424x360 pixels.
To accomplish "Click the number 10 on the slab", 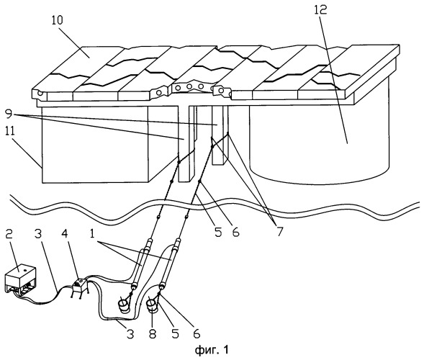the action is click(57, 20).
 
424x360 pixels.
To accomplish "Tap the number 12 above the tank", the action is click(321, 10).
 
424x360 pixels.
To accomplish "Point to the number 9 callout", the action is click(9, 114).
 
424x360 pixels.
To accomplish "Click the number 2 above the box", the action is click(9, 235).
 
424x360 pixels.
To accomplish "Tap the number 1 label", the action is click(92, 234).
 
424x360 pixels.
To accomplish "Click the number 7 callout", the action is click(279, 232).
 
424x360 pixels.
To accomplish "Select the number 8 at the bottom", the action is click(153, 334).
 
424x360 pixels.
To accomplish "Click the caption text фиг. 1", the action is click(212, 350).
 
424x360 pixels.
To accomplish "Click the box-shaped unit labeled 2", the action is click(20, 281).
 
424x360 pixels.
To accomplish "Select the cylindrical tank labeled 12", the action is click(319, 135).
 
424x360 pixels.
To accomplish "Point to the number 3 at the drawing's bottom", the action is click(130, 334).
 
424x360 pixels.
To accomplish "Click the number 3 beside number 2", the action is click(38, 235).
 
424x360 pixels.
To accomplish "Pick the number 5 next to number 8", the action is click(176, 334).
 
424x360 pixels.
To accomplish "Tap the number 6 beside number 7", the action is click(236, 232).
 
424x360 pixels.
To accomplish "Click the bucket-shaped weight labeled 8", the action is click(152, 305).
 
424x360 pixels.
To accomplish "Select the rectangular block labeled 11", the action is click(94, 144).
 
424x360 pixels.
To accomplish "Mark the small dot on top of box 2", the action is click(24, 270).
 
